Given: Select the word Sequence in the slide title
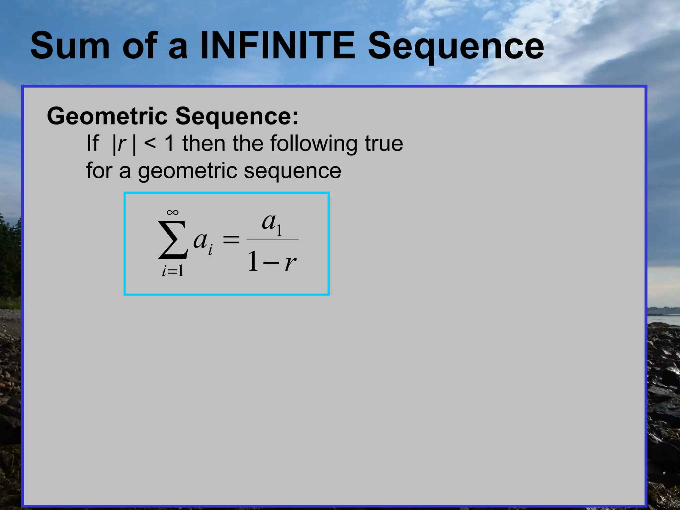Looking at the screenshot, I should (456, 46).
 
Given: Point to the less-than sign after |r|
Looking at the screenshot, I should (150, 143).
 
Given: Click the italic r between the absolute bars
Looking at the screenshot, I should (122, 144).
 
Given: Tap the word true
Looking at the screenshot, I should (384, 143).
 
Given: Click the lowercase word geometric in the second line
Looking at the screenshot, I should (188, 171).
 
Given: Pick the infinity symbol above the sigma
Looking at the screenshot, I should (173, 212).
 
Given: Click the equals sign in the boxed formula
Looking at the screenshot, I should (231, 239).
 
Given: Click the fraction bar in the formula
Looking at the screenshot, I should (272, 239).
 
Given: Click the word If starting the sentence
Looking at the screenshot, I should (92, 143).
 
